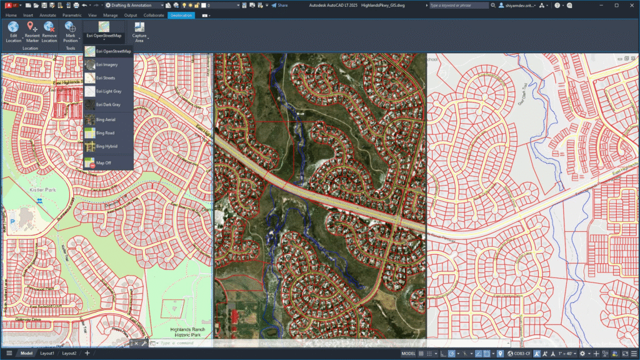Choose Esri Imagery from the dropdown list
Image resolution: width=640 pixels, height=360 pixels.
coord(107,64)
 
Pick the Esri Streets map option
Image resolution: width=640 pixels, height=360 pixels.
coord(106,78)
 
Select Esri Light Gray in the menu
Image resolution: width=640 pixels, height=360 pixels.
coord(108,91)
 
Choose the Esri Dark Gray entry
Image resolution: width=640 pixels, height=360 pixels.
coord(108,105)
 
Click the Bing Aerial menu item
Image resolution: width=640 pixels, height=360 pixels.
coord(106,119)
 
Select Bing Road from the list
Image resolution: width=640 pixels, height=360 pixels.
coord(105,132)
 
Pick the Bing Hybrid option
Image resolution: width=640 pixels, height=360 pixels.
coord(106,146)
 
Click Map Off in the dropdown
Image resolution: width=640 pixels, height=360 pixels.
coord(104,162)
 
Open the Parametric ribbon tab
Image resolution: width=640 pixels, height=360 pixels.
coord(72,14)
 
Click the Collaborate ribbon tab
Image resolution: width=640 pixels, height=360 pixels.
coord(154,14)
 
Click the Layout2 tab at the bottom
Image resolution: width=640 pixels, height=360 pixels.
coord(69,353)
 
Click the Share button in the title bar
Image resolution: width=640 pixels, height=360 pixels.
coord(279,5)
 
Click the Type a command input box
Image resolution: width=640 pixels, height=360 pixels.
coord(181,342)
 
